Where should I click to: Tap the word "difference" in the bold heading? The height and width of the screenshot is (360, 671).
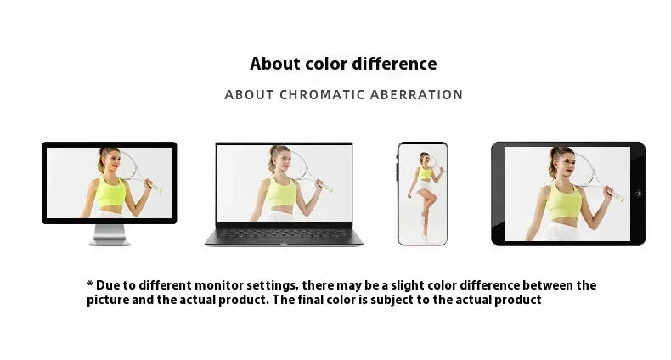[395, 64]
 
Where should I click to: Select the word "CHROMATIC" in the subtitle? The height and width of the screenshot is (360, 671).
[323, 94]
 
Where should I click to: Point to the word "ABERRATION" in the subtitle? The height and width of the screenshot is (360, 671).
[416, 94]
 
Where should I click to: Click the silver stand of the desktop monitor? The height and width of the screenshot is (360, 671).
[110, 234]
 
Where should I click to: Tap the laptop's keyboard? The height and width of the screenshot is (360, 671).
[284, 233]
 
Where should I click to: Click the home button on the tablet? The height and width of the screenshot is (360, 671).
[638, 194]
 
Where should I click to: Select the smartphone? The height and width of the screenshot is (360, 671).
[422, 194]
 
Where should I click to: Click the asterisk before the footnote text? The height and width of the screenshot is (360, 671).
[90, 284]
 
